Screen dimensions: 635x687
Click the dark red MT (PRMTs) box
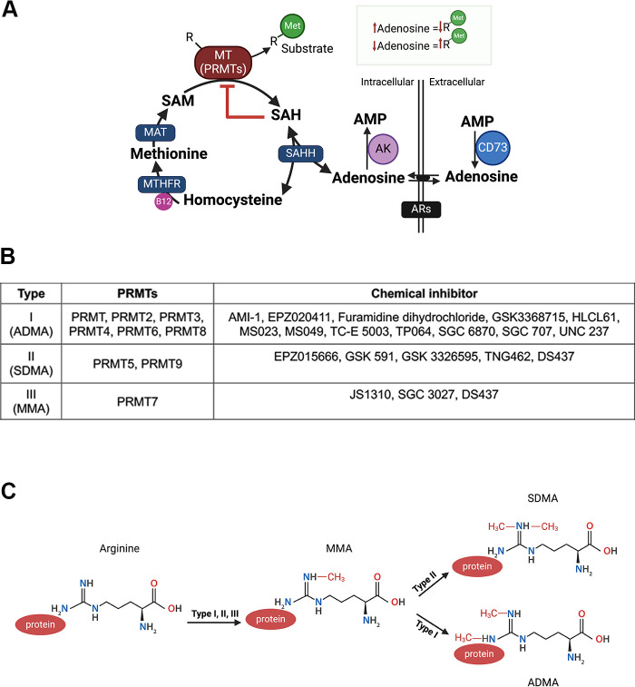click(223, 62)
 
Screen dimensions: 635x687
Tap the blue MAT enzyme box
click(155, 132)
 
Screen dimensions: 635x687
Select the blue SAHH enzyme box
click(300, 153)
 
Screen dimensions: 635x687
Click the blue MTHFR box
click(161, 184)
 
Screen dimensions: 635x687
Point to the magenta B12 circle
click(163, 201)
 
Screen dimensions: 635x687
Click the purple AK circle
click(383, 149)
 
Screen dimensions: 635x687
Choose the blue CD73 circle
click(493, 148)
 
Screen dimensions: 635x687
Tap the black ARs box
click(421, 209)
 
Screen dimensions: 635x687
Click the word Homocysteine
click(232, 200)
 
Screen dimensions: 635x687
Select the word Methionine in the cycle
click(169, 153)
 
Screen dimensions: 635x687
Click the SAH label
click(286, 114)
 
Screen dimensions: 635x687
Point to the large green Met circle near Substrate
click(292, 25)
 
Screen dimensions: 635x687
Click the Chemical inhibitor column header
click(424, 293)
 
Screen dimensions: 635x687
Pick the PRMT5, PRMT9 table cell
click(138, 364)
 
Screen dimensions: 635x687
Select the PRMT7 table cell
click(138, 401)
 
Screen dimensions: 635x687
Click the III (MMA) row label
click(31, 401)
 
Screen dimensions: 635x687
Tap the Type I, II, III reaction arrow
click(214, 622)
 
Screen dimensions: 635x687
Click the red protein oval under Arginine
click(40, 624)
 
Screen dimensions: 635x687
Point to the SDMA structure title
click(542, 498)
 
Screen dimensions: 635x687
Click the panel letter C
click(9, 492)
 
